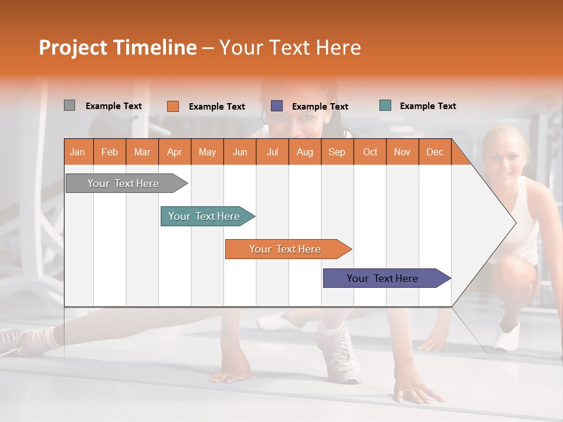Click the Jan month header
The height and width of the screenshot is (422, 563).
click(x=77, y=152)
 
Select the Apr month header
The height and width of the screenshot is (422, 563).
click(x=175, y=152)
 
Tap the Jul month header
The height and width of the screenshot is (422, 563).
click(x=272, y=152)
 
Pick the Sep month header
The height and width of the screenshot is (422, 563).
click(x=337, y=152)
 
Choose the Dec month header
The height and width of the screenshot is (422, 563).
click(x=435, y=152)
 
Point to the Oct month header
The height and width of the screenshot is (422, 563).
click(x=370, y=152)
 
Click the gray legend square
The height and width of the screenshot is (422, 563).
click(x=69, y=105)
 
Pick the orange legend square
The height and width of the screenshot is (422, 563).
click(x=172, y=106)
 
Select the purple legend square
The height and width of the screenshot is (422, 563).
click(x=277, y=106)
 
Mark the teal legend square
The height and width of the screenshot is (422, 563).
click(x=385, y=105)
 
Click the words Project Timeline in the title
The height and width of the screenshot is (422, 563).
click(x=117, y=47)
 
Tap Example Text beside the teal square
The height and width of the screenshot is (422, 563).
click(x=428, y=106)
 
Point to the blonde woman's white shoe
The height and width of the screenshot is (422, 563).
click(x=507, y=336)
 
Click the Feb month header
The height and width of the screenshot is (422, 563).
click(x=110, y=152)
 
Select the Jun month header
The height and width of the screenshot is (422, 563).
click(x=240, y=152)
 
